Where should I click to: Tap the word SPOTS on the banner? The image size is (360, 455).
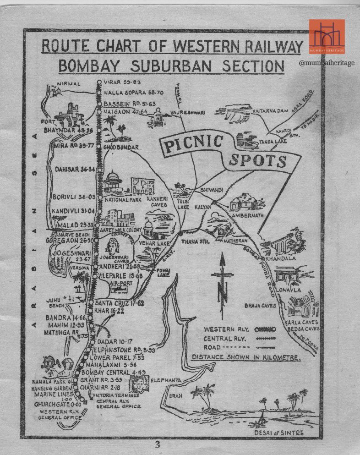coord(258,160)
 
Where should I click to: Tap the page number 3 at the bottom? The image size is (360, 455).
coord(157,444)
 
